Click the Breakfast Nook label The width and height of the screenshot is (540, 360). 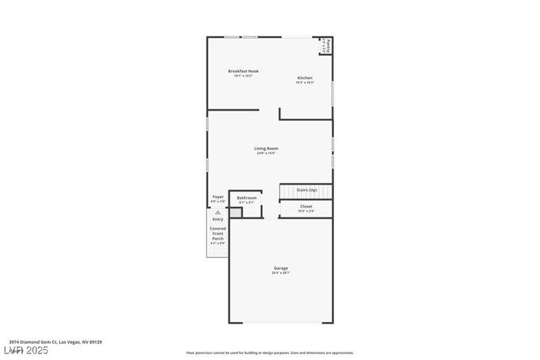243,71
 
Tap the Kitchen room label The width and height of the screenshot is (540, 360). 305,78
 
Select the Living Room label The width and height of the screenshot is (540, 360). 267,148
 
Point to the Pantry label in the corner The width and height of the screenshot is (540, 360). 327,45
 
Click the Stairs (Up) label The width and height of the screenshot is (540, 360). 306,190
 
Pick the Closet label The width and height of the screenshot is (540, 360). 306,206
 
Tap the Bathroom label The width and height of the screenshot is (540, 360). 246,197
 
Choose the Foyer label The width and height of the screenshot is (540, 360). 218,197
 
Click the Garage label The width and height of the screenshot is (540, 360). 280,268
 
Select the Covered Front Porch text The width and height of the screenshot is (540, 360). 218,234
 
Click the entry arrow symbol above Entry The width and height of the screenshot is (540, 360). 218,212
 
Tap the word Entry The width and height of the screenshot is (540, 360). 218,219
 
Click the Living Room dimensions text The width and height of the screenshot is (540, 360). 267,153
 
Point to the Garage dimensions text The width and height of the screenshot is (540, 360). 280,273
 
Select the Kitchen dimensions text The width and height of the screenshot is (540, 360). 305,83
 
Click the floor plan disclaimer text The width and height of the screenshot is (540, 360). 270,352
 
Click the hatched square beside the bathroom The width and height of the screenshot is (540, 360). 236,212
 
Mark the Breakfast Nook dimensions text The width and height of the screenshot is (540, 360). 243,76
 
